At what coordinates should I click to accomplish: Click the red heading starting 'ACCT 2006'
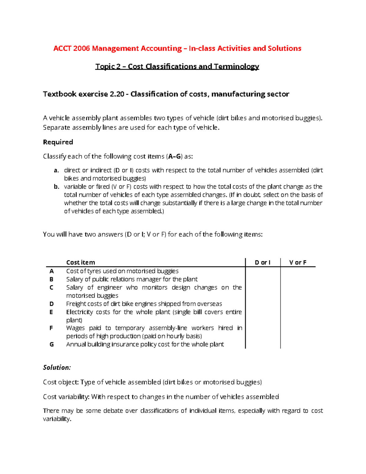[x=177, y=48]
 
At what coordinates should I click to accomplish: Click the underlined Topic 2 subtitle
[x=177, y=67]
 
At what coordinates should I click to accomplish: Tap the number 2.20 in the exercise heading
[x=117, y=94]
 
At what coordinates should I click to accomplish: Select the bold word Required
[x=58, y=142]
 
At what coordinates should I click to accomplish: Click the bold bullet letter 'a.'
[x=56, y=170]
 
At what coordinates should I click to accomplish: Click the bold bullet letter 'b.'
[x=56, y=187]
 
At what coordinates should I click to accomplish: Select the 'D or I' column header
[x=262, y=262]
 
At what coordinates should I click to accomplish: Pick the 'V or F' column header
[x=298, y=262]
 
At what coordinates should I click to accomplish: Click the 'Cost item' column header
[x=81, y=262]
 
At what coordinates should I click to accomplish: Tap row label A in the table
[x=52, y=271]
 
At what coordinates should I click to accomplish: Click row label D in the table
[x=52, y=304]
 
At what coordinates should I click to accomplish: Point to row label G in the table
[x=52, y=344]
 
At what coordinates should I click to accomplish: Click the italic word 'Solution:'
[x=57, y=367]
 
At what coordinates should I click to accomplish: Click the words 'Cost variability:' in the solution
[x=66, y=397]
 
